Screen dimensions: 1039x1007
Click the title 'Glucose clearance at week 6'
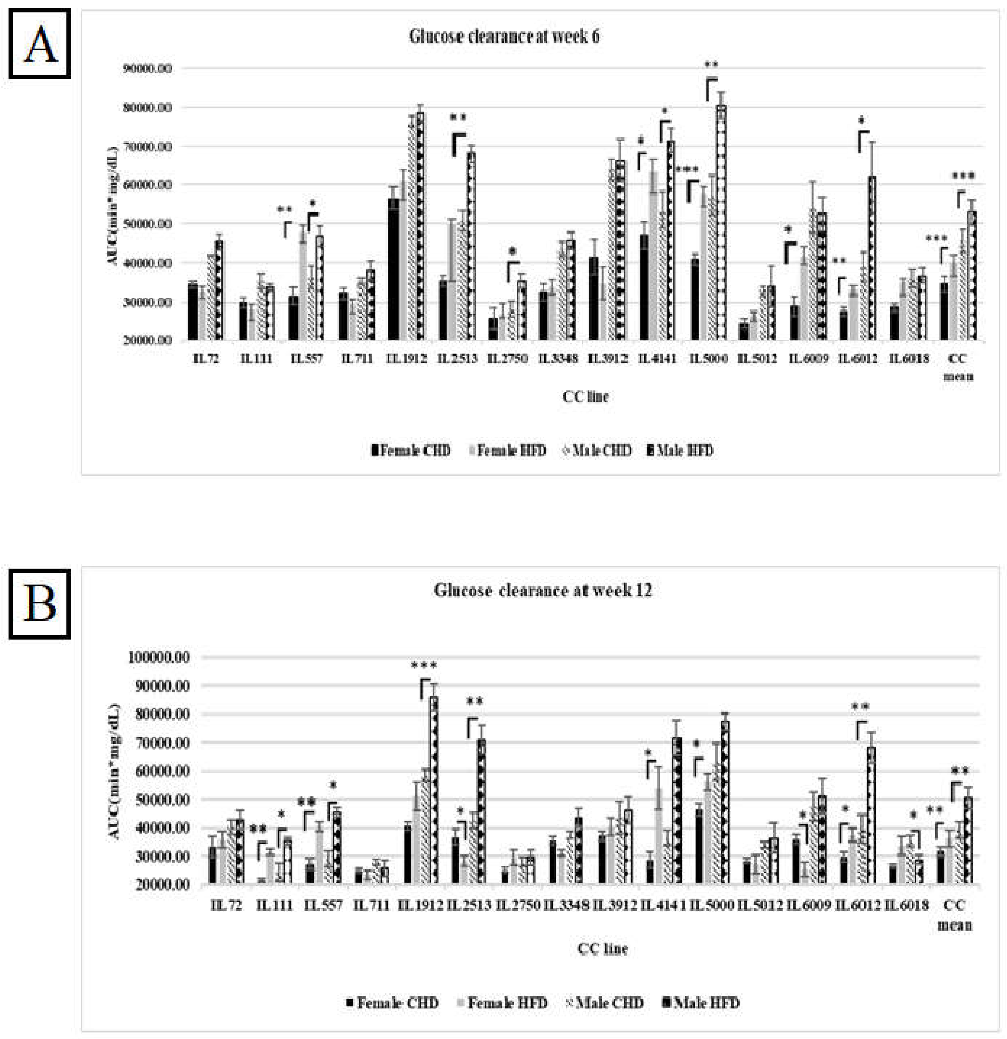(504, 36)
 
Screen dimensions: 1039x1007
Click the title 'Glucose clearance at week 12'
(542, 590)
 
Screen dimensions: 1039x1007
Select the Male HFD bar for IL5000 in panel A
(721, 223)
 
